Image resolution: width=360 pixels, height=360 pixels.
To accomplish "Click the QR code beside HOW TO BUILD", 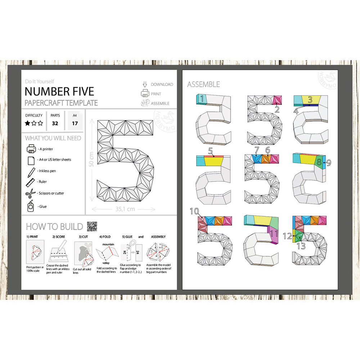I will [x=92, y=226].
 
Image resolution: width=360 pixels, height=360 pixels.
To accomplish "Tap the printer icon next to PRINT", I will [x=145, y=94].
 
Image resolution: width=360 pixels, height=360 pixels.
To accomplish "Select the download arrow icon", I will [x=145, y=84].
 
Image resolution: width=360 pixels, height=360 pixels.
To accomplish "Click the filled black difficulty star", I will [x=27, y=123].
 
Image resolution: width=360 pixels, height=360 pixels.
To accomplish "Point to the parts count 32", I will [x=55, y=123].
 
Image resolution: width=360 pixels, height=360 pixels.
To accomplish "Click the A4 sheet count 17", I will [x=75, y=123].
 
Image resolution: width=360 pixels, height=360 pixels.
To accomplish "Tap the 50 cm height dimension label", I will [x=91, y=158].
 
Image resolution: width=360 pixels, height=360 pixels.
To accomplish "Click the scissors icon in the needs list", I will [x=30, y=193].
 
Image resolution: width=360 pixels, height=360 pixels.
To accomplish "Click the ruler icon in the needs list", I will [x=30, y=182].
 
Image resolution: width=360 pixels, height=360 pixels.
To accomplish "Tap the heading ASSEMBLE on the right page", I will [x=203, y=85].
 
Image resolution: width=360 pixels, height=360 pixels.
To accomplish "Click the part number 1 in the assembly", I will [x=203, y=98].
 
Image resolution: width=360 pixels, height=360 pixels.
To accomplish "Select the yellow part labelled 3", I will [x=309, y=100].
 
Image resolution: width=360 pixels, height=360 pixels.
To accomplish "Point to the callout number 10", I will [x=194, y=211].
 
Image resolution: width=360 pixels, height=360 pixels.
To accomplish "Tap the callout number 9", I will [x=328, y=162].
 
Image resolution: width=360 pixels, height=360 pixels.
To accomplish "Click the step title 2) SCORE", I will [x=58, y=237].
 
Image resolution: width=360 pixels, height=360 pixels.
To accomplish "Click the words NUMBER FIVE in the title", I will [x=59, y=91].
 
